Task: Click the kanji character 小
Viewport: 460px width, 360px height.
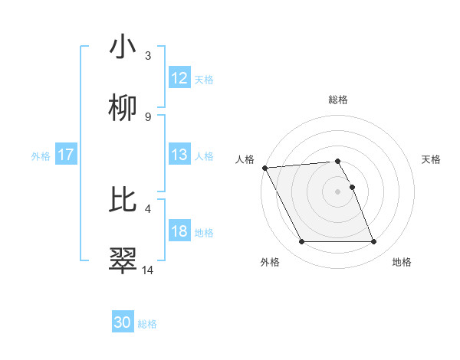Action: (x=123, y=47)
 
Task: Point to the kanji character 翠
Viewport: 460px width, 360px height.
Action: (x=123, y=260)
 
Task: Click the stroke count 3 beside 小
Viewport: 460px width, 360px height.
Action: (x=148, y=56)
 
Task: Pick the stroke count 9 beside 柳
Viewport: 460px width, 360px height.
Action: (x=148, y=117)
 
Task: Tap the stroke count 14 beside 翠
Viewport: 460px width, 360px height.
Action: (x=148, y=270)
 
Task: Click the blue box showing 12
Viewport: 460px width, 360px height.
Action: (x=179, y=78)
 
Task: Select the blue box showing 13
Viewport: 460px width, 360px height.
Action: (x=179, y=155)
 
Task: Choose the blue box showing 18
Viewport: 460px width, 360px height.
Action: (x=179, y=231)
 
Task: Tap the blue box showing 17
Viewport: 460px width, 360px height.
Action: (x=66, y=155)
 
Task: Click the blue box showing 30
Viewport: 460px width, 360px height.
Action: (x=123, y=322)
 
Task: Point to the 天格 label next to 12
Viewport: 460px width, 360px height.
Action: (x=204, y=79)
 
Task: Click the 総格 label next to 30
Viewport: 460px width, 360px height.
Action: (x=147, y=324)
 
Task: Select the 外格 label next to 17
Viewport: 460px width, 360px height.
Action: (x=41, y=155)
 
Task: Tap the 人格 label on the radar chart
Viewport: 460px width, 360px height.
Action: (x=245, y=159)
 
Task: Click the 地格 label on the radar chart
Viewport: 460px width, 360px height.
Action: (x=402, y=262)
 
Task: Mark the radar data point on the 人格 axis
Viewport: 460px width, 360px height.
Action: (x=264, y=168)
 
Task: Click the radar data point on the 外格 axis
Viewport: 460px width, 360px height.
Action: (x=302, y=242)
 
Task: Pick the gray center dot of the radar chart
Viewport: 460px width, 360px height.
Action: (x=338, y=191)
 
